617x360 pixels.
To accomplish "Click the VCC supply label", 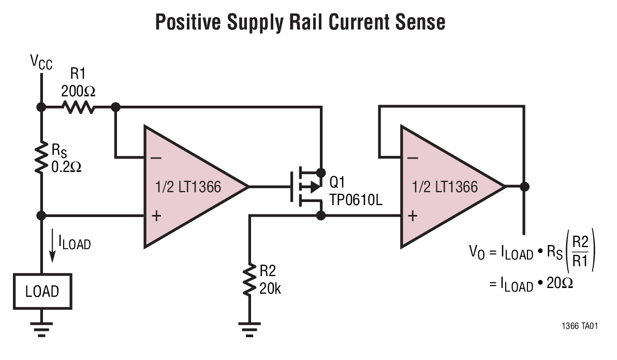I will [x=41, y=63].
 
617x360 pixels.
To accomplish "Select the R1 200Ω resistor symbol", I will [x=78, y=107].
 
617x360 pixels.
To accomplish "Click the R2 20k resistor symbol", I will [x=250, y=280].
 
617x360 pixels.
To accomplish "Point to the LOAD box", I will [x=42, y=291].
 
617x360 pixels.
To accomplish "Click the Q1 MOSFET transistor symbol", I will [x=305, y=186].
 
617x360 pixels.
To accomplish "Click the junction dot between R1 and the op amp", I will [x=115, y=107].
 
